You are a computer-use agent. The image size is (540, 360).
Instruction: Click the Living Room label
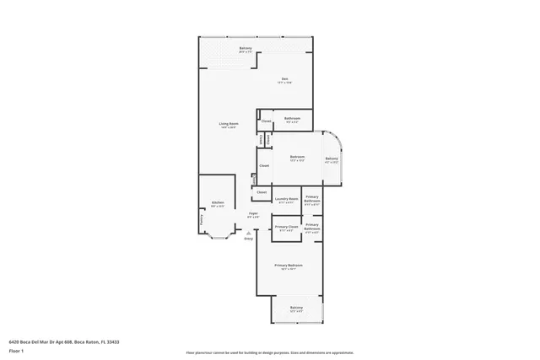[x=229, y=124]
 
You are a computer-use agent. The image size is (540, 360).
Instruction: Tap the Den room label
[x=285, y=80]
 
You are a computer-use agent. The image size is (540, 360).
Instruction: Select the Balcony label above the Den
[x=246, y=48]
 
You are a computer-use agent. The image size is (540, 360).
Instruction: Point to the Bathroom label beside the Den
[x=292, y=118]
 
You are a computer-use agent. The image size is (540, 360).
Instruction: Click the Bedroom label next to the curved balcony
[x=297, y=157]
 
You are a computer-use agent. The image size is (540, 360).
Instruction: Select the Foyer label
[x=252, y=214]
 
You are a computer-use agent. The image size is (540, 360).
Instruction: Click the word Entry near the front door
[x=248, y=240]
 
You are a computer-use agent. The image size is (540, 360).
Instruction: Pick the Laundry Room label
[x=286, y=199]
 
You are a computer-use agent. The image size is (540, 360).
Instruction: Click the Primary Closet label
[x=286, y=227]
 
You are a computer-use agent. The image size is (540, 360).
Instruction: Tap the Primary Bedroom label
[x=288, y=266]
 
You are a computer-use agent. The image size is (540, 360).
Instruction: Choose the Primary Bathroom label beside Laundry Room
[x=311, y=200]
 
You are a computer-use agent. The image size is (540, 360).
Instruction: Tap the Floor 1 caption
[x=16, y=350]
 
